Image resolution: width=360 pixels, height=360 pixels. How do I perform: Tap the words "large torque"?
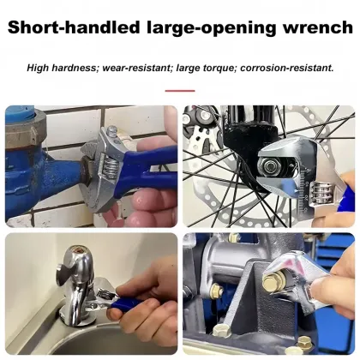tap(202, 67)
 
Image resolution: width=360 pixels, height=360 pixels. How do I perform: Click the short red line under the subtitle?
tap(180, 90)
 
